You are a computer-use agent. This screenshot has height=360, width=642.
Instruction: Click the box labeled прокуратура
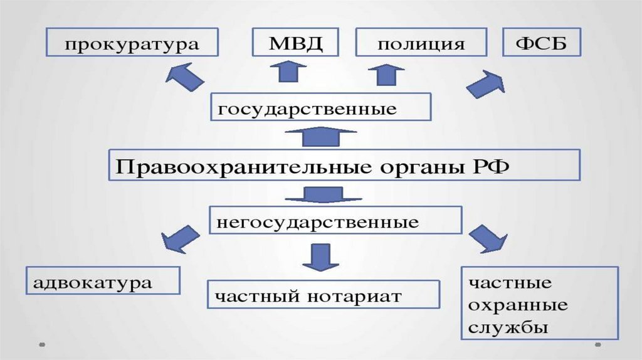(132, 45)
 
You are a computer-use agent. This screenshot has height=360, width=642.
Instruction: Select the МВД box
(294, 45)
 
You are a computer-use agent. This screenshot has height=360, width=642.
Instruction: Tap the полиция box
(421, 45)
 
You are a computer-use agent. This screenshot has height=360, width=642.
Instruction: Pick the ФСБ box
(542, 45)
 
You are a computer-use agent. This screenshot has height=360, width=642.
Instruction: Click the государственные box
(320, 107)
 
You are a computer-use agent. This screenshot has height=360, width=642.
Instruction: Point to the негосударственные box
(335, 221)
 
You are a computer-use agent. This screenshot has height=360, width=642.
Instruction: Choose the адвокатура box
(103, 281)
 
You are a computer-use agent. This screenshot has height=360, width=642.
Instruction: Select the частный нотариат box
(323, 295)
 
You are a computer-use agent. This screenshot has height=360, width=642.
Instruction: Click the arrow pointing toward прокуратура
(184, 77)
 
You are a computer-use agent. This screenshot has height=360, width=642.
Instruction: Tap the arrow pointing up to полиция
(386, 73)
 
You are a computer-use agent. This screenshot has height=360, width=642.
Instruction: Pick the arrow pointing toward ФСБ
(487, 83)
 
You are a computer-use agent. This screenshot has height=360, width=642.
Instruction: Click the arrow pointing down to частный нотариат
(320, 257)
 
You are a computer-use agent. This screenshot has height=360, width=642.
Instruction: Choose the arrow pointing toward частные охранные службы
(488, 238)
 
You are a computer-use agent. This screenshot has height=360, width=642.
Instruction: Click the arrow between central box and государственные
(320, 136)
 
